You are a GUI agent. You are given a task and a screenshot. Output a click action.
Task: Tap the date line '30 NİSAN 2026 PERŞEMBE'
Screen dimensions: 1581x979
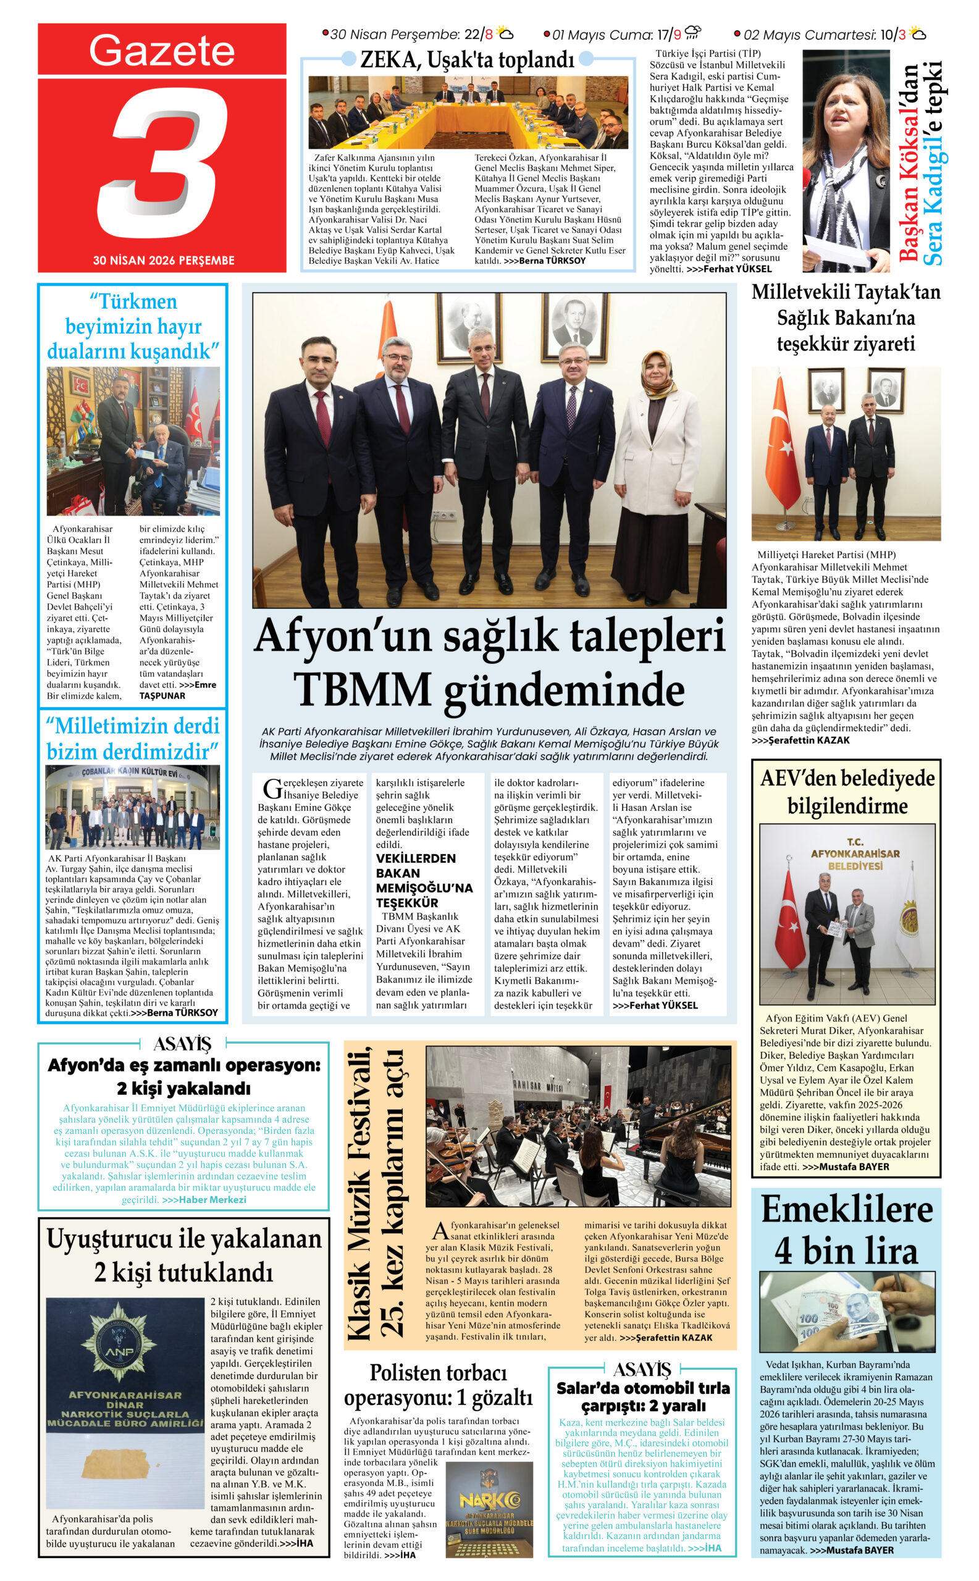(163, 261)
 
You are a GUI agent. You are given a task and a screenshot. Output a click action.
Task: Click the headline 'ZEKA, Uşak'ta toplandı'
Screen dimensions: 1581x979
(467, 60)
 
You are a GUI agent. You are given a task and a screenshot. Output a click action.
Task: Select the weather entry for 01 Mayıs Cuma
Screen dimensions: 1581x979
(621, 35)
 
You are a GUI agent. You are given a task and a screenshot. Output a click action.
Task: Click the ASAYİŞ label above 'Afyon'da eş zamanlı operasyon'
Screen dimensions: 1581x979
(183, 1044)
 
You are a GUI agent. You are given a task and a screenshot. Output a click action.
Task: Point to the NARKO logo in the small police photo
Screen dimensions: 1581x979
(489, 1501)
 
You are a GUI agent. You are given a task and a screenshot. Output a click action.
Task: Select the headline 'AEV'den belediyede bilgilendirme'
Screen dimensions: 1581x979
(847, 792)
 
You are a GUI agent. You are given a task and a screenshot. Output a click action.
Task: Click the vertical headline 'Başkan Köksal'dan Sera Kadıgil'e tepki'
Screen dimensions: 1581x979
(920, 162)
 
